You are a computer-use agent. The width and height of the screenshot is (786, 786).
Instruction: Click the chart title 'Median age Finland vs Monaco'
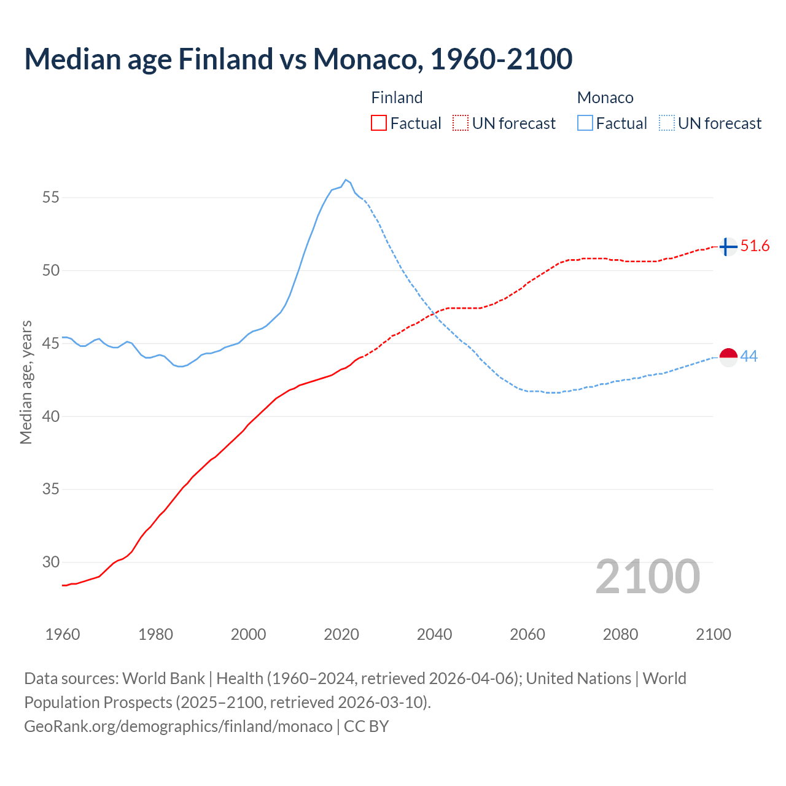298,59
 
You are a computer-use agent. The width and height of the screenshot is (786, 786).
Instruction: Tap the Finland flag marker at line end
728,247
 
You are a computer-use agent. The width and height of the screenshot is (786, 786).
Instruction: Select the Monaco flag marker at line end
728,357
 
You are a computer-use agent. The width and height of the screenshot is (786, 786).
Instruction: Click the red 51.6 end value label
755,246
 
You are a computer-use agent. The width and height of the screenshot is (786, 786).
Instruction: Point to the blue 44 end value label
749,356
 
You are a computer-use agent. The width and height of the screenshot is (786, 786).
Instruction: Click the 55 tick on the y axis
51,198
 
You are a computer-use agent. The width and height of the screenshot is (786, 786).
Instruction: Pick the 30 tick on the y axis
51,562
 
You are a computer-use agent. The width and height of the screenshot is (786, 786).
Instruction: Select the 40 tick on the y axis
51,416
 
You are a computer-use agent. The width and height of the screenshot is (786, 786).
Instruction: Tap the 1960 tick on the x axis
63,634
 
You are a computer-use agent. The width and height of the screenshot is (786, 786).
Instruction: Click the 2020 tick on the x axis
341,634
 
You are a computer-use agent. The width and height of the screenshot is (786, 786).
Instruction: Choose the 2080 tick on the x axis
620,634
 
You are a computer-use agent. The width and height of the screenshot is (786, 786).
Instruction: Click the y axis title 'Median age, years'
26,382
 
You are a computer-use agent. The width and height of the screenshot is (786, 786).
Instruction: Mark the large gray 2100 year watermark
647,577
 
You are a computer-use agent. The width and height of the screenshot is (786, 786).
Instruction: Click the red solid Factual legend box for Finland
379,123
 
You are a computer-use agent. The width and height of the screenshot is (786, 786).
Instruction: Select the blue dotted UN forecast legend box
667,123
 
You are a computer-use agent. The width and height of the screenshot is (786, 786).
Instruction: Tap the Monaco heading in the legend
605,98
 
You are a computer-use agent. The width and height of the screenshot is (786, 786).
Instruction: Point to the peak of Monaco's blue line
346,180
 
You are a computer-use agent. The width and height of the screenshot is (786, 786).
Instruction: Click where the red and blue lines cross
434,314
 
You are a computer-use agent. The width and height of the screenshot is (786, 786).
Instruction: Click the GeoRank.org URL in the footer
178,726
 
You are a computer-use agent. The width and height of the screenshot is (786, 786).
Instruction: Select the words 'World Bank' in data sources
163,679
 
